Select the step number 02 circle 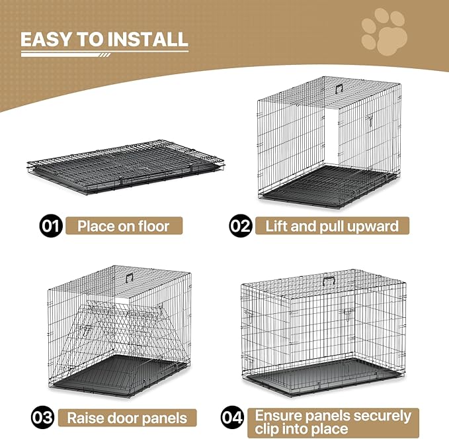pos(241,226)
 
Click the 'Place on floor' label pos(123,226)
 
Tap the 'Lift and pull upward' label pos(332,226)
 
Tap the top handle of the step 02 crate pos(338,88)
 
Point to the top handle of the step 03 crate pos(130,278)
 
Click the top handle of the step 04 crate pos(329,280)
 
